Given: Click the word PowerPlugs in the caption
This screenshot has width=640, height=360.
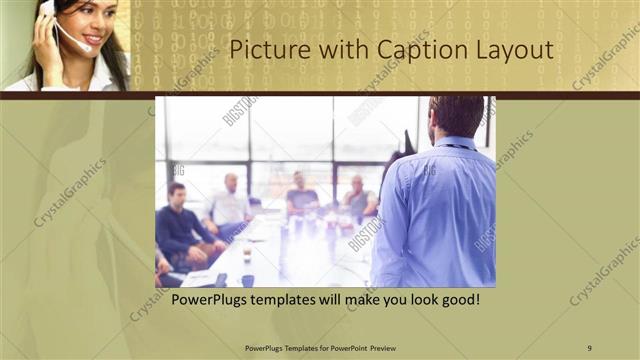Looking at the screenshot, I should pyautogui.click(x=214, y=299).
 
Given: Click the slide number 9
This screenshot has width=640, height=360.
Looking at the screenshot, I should pyautogui.click(x=589, y=348).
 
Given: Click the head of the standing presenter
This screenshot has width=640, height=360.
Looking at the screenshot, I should pyautogui.click(x=456, y=115).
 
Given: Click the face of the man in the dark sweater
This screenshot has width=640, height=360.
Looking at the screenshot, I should pyautogui.click(x=177, y=192).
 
